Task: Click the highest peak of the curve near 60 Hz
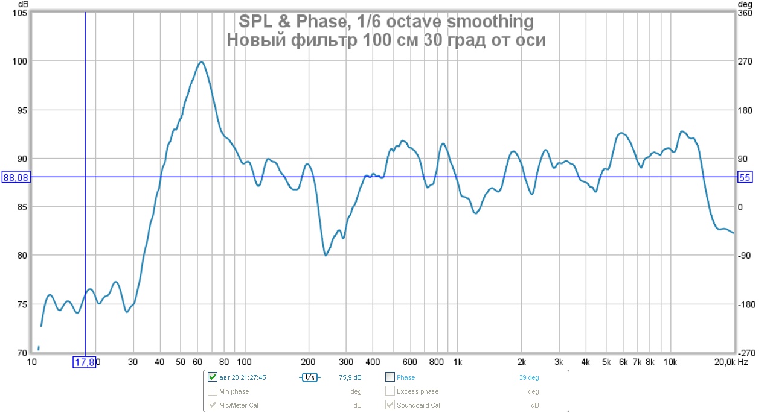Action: [201, 61]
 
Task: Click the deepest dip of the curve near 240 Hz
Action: [326, 256]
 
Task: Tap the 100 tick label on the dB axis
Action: [20, 61]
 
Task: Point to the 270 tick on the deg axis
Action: [746, 61]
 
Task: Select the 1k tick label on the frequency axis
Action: [457, 362]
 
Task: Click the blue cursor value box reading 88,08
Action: [16, 177]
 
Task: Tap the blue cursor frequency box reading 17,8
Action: [85, 362]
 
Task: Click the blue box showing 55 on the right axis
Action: [745, 177]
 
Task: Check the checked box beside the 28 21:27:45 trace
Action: [212, 377]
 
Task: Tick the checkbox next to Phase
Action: [390, 377]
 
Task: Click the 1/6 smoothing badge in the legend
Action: [309, 377]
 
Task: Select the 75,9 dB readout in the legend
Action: [350, 377]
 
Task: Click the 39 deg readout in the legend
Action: [528, 377]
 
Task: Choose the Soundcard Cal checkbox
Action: [390, 405]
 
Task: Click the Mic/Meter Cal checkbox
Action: [212, 405]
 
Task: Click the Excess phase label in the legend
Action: [417, 391]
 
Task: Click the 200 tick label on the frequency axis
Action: [309, 362]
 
